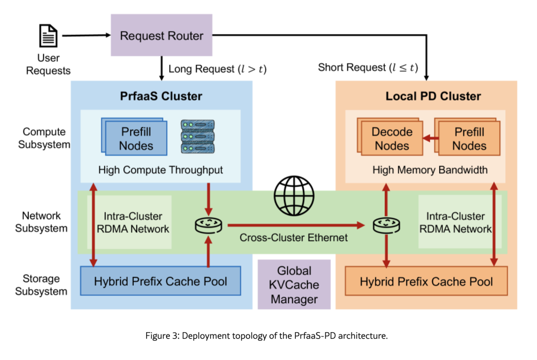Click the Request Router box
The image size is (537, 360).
(x=162, y=35)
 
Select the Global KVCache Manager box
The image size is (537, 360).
(x=294, y=284)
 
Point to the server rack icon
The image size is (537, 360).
(x=197, y=136)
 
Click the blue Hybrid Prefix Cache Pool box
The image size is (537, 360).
(x=160, y=281)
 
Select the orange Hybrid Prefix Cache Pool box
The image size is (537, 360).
(x=426, y=281)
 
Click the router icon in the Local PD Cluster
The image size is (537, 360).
(x=386, y=225)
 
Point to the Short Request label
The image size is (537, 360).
(x=368, y=67)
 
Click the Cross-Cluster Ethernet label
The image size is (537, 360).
(x=293, y=237)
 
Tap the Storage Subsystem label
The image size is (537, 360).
(x=41, y=285)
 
